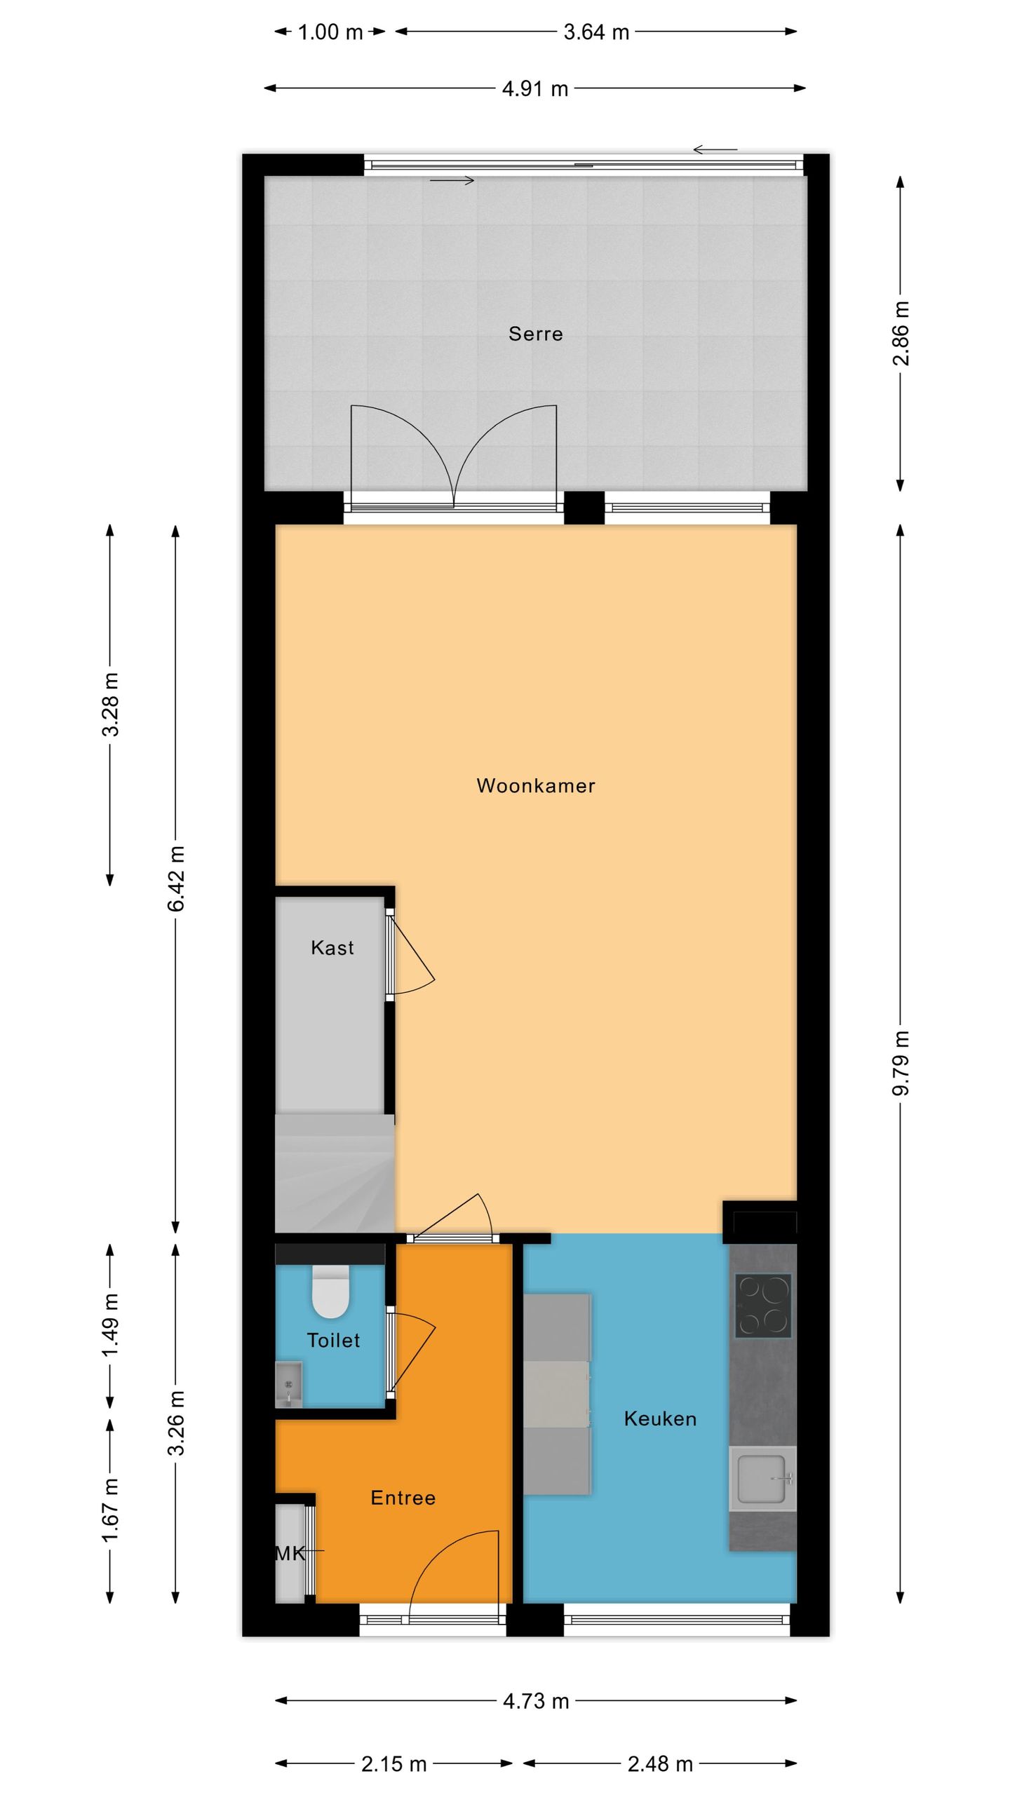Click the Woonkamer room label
535,785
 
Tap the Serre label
535,334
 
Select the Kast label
332,948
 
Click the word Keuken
659,1419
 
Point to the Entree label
403,1498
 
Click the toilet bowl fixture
330,1292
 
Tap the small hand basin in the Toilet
288,1384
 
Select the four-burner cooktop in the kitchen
763,1306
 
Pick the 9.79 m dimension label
901,1063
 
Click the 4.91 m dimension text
534,89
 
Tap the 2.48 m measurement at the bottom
659,1764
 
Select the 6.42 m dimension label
176,878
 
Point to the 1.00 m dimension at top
330,32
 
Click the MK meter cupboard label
290,1554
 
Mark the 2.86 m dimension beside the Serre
901,334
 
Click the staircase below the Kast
334,1177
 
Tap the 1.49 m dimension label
110,1325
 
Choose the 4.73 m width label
535,1701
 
